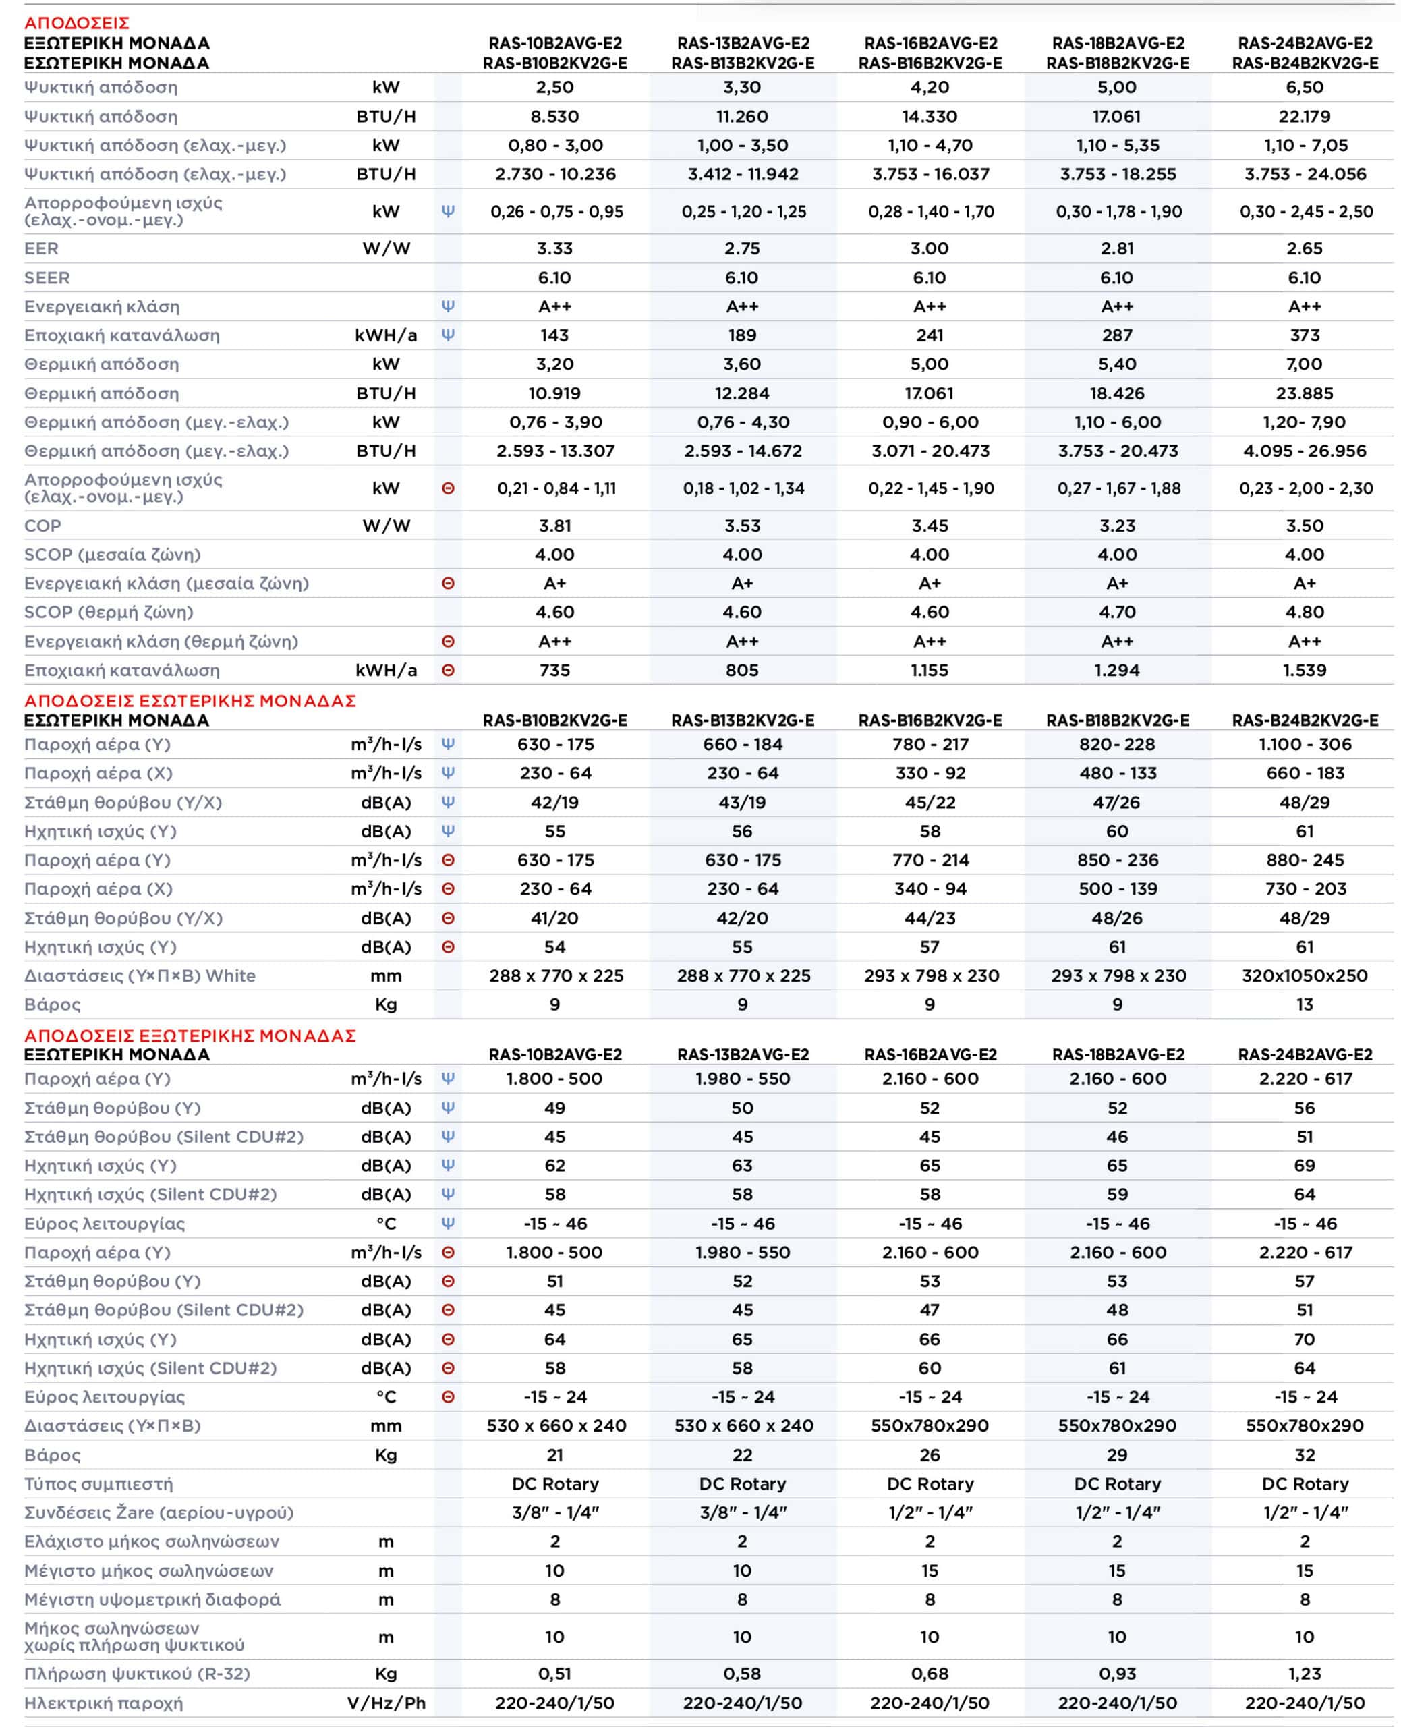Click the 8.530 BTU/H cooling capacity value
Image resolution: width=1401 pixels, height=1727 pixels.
click(x=554, y=116)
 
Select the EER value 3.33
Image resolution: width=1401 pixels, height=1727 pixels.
click(x=554, y=248)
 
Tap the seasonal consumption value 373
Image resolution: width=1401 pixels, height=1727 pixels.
click(x=1304, y=335)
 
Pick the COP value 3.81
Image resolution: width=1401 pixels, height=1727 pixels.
click(x=554, y=526)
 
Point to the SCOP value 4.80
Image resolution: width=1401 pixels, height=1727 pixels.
click(x=1304, y=612)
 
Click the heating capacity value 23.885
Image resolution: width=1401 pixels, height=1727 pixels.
click(x=1304, y=393)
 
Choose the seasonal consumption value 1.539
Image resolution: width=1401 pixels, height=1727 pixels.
click(x=1304, y=670)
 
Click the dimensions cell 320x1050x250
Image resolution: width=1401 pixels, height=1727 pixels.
click(x=1304, y=975)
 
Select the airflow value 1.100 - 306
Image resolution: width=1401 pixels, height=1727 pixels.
click(x=1304, y=744)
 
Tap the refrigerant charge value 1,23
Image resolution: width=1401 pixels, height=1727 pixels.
click(x=1304, y=1674)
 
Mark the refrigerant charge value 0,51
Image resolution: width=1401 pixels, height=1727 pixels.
click(x=554, y=1674)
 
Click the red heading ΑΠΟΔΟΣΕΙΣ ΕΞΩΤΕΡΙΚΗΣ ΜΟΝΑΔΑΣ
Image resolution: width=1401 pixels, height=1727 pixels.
click(x=190, y=1036)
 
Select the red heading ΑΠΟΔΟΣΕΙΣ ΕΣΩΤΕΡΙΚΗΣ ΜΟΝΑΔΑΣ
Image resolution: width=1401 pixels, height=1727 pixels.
click(x=190, y=700)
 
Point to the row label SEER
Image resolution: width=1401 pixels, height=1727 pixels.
click(x=47, y=278)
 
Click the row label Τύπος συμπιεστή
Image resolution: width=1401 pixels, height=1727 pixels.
click(x=98, y=1483)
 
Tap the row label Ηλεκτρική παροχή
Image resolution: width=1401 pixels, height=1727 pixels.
click(x=103, y=1703)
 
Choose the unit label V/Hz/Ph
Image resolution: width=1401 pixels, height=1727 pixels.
click(x=386, y=1703)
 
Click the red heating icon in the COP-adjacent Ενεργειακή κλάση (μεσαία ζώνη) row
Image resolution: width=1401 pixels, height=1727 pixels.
click(x=448, y=584)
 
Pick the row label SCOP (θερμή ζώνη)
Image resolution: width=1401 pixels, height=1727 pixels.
click(x=109, y=612)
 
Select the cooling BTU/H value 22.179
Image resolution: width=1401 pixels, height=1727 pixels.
click(x=1304, y=116)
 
